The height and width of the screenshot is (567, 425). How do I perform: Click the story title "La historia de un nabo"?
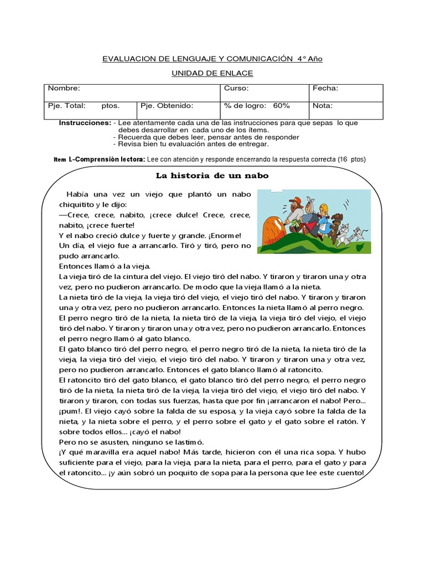212,176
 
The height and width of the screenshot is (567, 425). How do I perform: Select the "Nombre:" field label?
64,89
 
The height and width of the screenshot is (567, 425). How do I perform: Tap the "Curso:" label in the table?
236,89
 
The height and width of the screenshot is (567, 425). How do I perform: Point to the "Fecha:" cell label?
325,89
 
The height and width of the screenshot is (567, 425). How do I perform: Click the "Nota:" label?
323,105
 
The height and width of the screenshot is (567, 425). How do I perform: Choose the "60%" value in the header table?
282,105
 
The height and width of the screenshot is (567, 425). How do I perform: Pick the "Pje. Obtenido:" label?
166,105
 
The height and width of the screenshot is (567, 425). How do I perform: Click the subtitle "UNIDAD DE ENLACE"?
212,74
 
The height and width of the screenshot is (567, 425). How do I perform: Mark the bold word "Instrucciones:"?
85,122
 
